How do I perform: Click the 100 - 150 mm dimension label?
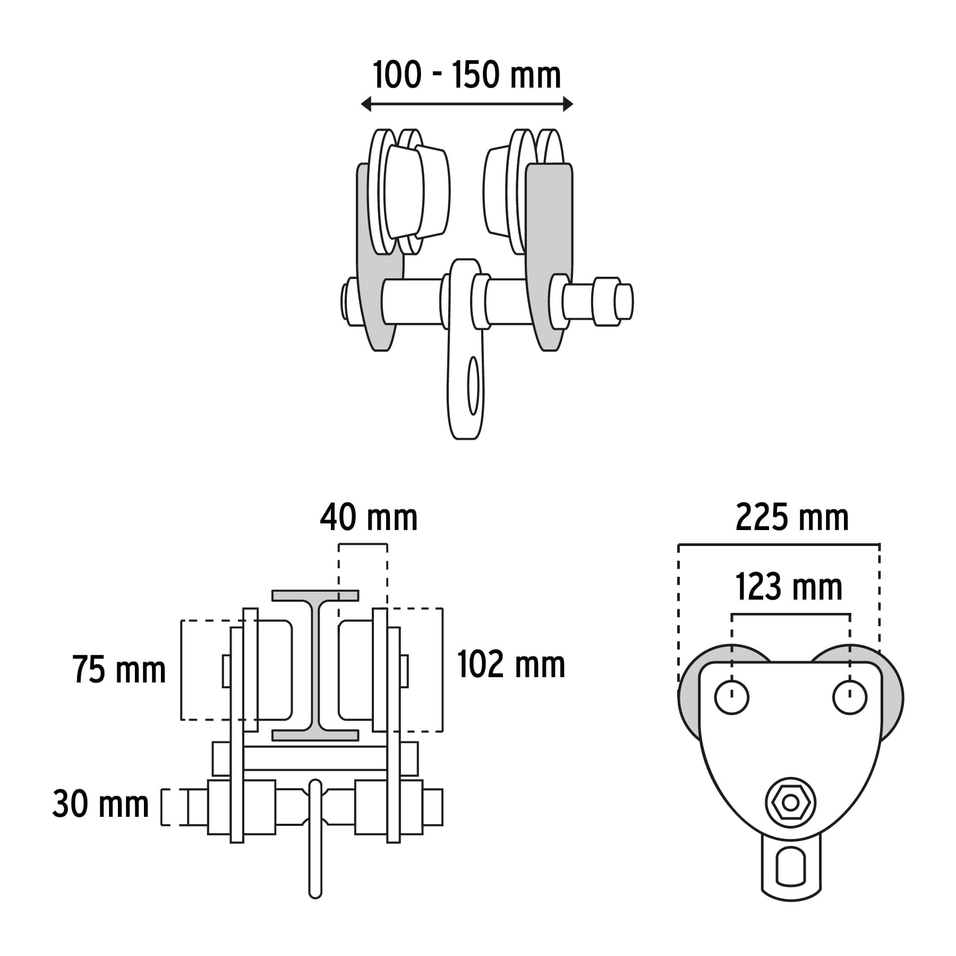click(x=467, y=75)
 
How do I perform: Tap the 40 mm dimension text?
click(x=369, y=518)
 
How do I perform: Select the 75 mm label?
click(x=119, y=670)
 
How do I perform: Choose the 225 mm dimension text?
click(x=792, y=518)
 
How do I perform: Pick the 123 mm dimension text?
click(x=789, y=587)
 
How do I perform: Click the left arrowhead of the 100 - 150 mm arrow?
click(x=365, y=104)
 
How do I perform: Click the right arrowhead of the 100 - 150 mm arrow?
click(x=568, y=104)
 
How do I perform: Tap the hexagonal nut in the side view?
click(x=790, y=803)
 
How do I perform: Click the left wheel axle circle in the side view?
click(x=732, y=697)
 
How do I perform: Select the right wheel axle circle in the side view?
click(x=850, y=697)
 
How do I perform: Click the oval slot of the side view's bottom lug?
click(x=791, y=867)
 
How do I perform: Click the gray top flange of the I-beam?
click(x=315, y=595)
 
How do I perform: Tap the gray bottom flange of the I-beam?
click(x=315, y=735)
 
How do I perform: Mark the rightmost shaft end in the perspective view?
click(x=624, y=302)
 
